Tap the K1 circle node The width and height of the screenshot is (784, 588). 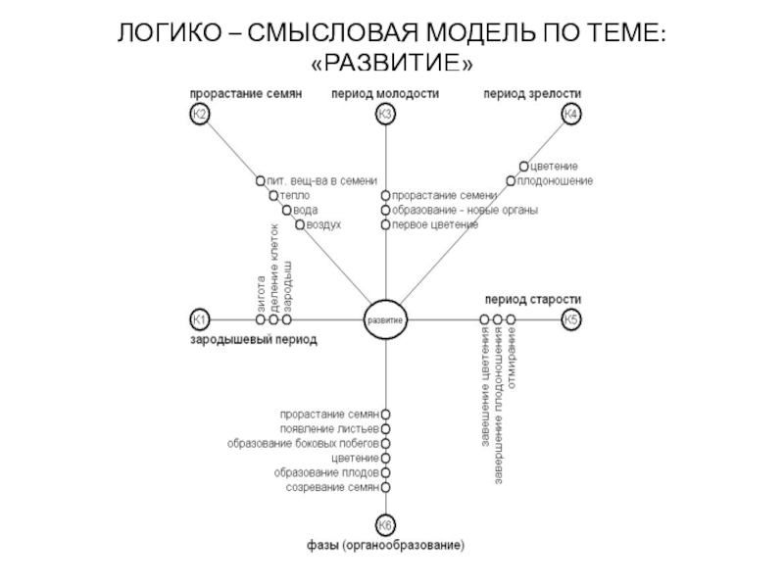[199, 319]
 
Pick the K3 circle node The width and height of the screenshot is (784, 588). [385, 115]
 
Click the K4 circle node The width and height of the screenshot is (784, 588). [571, 115]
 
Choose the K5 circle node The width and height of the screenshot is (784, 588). [571, 319]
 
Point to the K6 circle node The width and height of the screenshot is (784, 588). [385, 524]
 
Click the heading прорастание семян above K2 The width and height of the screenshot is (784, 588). [245, 93]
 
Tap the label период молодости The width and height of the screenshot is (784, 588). [385, 93]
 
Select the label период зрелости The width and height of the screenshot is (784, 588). [533, 93]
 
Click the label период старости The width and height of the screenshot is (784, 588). [533, 298]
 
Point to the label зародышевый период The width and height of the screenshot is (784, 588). [254, 340]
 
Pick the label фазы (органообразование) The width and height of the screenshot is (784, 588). [385, 545]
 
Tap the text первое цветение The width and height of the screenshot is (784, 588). [435, 225]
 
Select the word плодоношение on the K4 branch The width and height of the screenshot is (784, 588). [555, 181]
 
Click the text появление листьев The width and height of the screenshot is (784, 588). [329, 428]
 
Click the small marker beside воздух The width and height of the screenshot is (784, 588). [300, 224]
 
